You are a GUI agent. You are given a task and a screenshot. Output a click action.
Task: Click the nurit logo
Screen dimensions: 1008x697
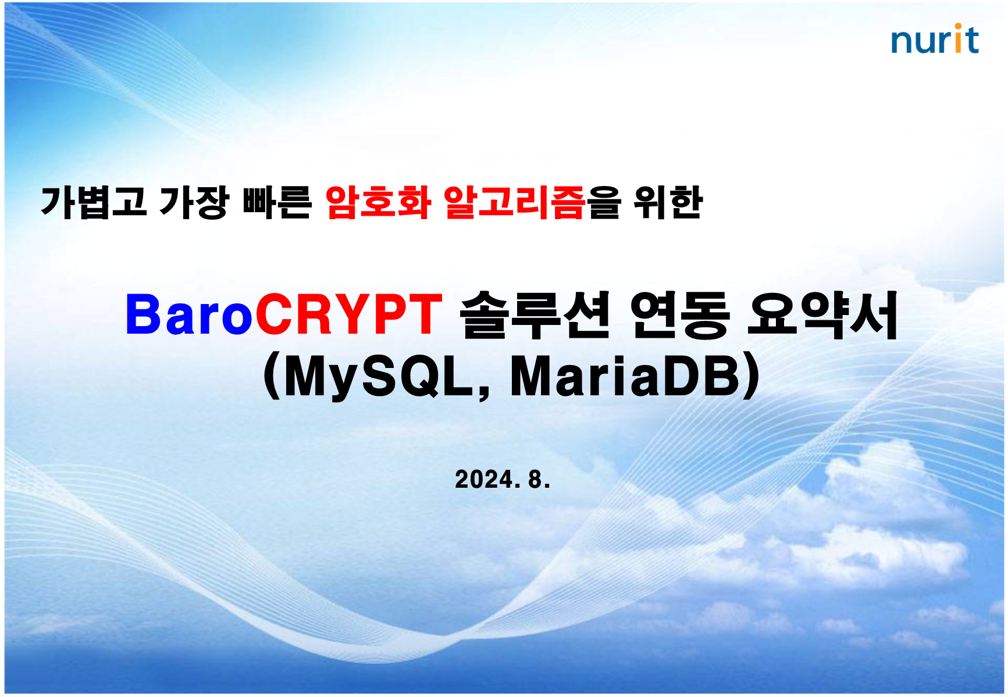(935, 39)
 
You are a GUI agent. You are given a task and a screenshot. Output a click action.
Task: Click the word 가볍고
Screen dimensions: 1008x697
(94, 202)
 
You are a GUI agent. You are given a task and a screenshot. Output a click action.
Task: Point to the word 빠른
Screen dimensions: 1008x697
(277, 202)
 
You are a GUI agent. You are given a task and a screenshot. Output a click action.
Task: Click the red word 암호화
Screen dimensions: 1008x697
(378, 202)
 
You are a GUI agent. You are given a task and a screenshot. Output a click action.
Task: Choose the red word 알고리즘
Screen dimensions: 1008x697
(514, 202)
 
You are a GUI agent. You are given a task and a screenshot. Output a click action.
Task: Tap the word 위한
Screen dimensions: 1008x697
(668, 202)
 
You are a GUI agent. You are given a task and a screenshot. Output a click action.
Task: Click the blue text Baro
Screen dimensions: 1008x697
(190, 314)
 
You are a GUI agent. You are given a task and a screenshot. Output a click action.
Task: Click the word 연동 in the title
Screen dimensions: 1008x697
(680, 314)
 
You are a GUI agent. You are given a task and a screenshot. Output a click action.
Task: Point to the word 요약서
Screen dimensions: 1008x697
(823, 314)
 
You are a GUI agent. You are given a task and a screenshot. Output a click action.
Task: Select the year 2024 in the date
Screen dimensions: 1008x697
(484, 480)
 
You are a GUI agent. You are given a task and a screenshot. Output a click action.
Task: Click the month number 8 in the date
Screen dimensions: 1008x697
(535, 480)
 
